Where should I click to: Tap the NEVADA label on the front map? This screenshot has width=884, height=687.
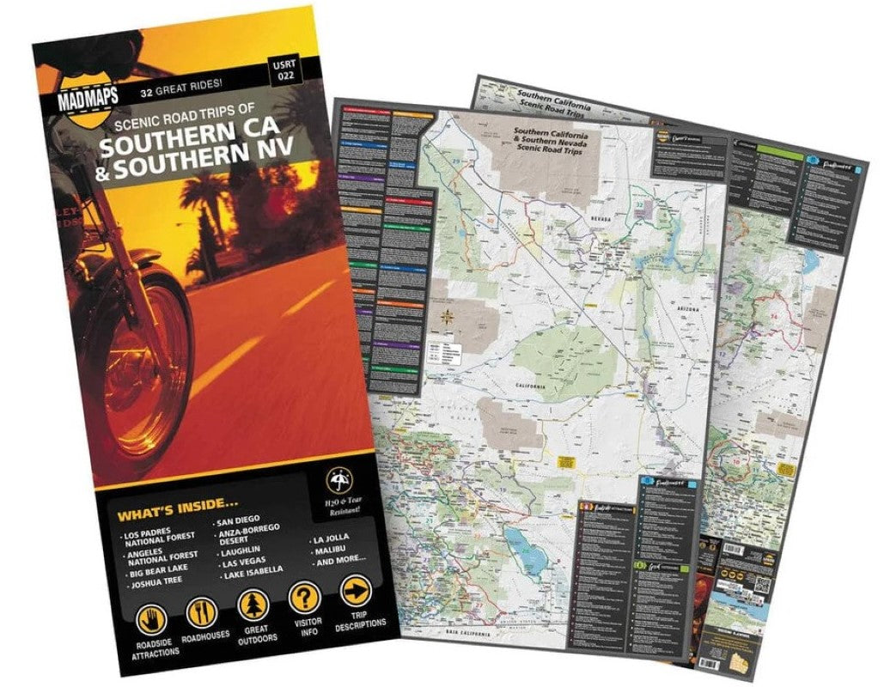click(599, 220)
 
